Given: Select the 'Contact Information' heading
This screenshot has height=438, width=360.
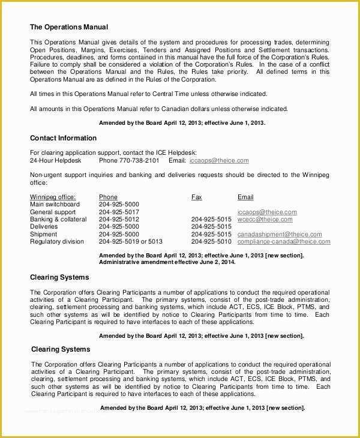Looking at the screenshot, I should pyautogui.click(x=63, y=138).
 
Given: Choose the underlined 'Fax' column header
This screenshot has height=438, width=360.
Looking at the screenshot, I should pyautogui.click(x=196, y=197).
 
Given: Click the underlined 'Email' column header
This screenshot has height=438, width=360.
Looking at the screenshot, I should pyautogui.click(x=245, y=197).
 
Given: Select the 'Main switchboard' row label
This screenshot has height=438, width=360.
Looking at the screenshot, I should pyautogui.click(x=55, y=205).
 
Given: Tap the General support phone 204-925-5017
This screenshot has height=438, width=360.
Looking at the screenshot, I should pyautogui.click(x=119, y=212).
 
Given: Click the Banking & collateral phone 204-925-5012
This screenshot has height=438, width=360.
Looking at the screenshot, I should pyautogui.click(x=119, y=220).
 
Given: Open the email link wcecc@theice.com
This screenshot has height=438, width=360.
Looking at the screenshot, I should pyautogui.click(x=264, y=220).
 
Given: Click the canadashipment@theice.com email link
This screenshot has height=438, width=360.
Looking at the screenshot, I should pyautogui.click(x=280, y=234).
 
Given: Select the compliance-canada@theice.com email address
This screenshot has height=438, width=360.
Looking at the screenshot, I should pyautogui.click(x=284, y=242).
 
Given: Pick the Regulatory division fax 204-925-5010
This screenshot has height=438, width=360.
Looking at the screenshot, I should pyautogui.click(x=211, y=242).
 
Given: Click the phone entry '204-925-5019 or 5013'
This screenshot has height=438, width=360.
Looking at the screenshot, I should pyautogui.click(x=130, y=242).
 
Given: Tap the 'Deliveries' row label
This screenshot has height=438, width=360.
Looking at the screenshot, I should pyautogui.click(x=44, y=227).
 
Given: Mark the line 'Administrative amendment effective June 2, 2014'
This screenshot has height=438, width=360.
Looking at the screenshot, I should pyautogui.click(x=167, y=262).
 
